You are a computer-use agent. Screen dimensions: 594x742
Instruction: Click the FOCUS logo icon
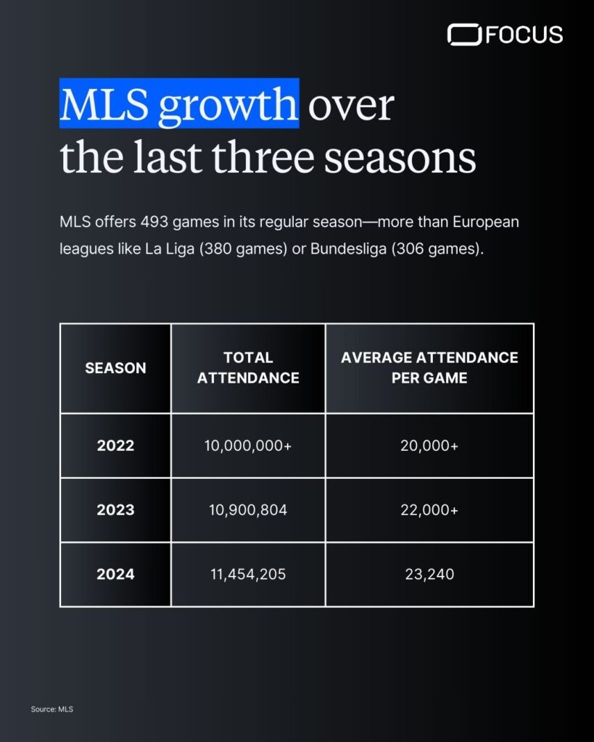(464, 35)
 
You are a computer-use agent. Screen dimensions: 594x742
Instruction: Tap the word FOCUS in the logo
(524, 35)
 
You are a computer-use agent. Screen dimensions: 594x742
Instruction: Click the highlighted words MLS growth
(179, 104)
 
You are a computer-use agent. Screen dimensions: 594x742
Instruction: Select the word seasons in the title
(400, 157)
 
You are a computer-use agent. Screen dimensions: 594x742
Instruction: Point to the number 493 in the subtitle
(154, 222)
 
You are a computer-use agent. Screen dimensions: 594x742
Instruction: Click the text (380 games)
(243, 249)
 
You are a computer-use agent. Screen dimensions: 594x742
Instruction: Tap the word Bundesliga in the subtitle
(348, 249)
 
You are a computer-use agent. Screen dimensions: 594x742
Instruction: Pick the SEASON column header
(115, 367)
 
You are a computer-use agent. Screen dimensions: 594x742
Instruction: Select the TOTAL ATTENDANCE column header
(248, 367)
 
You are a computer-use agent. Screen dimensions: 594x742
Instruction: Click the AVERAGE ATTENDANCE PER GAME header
(429, 367)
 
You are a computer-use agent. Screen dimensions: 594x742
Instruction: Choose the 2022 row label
(115, 446)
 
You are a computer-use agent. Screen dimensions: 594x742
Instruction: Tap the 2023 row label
(115, 509)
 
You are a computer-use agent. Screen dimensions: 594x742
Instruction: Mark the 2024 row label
(115, 574)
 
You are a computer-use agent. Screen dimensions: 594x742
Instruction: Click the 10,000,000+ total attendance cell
(248, 446)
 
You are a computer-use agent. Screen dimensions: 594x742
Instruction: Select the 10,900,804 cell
(248, 509)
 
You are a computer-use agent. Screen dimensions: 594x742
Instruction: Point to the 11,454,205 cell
(248, 574)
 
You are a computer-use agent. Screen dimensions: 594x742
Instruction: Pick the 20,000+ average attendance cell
(429, 446)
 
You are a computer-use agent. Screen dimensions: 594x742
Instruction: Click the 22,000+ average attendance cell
(429, 509)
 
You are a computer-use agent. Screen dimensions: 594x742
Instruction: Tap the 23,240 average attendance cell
(429, 574)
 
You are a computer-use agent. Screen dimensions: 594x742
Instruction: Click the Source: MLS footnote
(52, 709)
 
